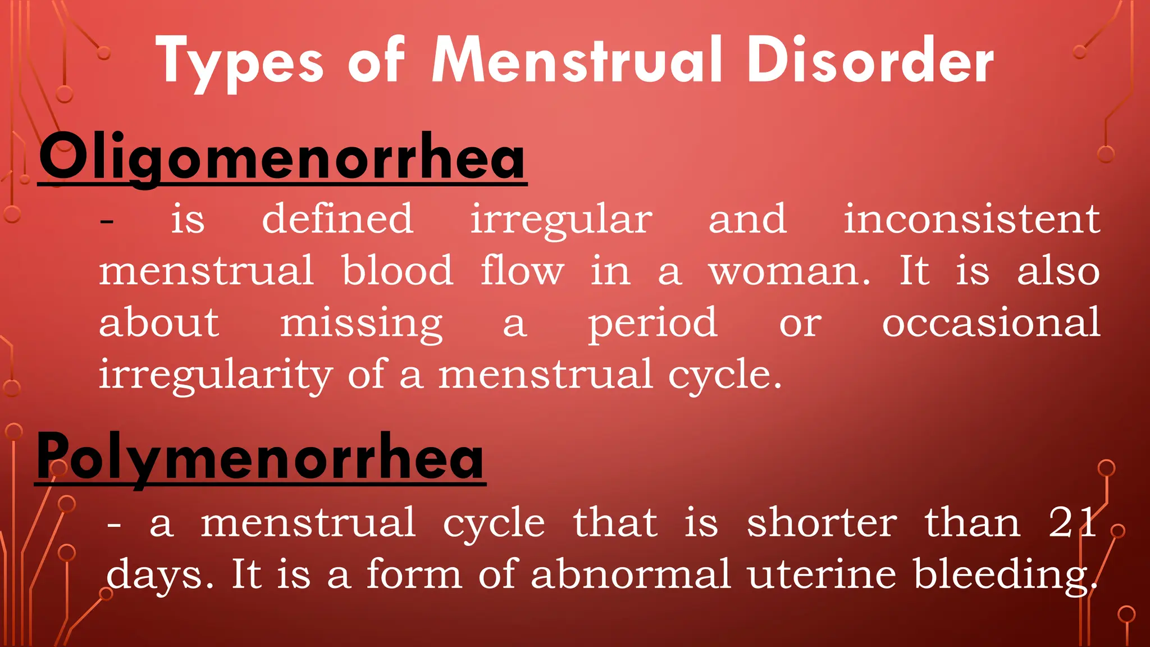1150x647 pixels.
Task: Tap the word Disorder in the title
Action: coord(870,61)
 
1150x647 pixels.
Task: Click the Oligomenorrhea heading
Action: coord(282,157)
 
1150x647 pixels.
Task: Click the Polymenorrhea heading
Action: coord(260,457)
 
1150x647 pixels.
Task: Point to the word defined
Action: coord(338,218)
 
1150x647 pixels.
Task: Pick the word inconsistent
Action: coord(971,218)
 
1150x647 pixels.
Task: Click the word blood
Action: coord(398,270)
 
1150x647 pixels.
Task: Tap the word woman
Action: coord(789,271)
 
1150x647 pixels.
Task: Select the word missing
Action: coord(361,324)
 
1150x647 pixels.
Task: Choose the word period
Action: coord(652,324)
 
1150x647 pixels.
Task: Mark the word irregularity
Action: coord(216,375)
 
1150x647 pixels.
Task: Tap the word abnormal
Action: coord(631,574)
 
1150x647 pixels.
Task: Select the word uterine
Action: coord(822,574)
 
